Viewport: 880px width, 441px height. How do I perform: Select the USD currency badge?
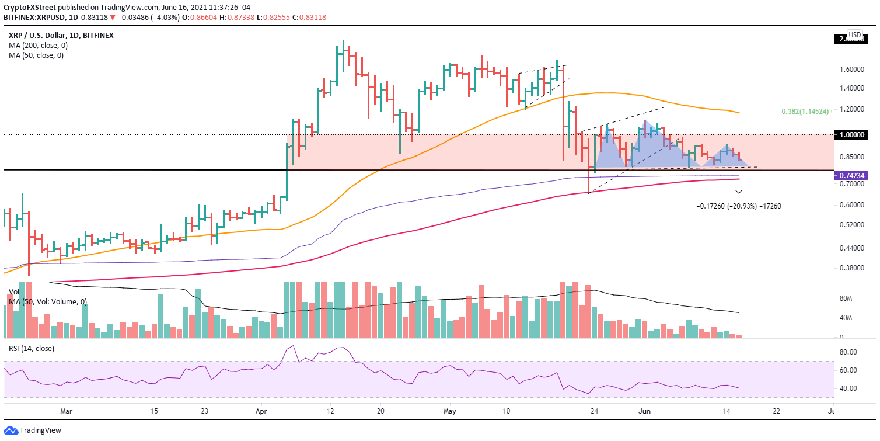click(854, 34)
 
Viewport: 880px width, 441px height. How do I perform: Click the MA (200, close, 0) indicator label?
click(36, 45)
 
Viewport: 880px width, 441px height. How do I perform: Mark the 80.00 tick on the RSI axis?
click(847, 352)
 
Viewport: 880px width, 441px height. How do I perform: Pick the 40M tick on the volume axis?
click(847, 318)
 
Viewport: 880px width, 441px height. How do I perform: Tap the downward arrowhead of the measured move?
click(739, 191)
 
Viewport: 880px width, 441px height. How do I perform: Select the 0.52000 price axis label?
click(850, 225)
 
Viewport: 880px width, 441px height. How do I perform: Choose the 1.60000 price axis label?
click(850, 69)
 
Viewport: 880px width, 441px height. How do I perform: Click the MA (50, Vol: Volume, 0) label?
click(48, 301)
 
